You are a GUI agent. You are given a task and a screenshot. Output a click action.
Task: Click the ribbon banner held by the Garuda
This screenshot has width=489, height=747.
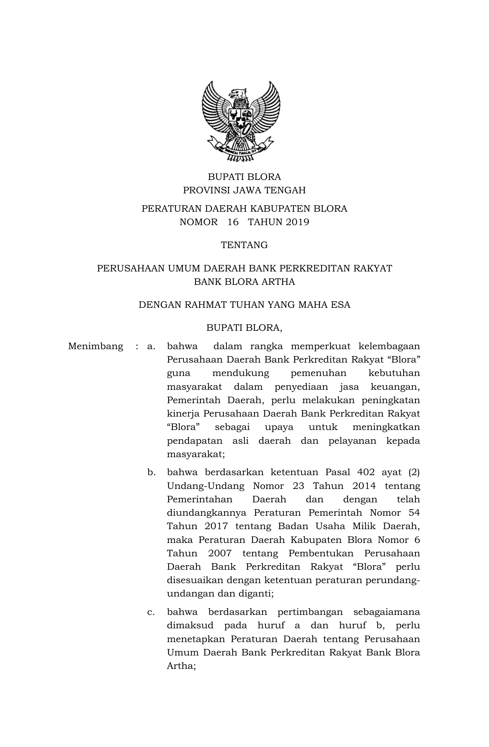[x=241, y=150]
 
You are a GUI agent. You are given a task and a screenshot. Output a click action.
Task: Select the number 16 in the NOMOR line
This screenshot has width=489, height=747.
[x=233, y=222]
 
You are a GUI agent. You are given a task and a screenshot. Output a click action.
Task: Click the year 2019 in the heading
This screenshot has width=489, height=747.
[x=297, y=222]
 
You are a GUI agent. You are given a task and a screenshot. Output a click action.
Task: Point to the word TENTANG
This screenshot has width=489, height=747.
[x=244, y=245]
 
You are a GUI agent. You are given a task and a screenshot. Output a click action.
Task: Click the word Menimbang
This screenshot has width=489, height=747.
[x=95, y=347]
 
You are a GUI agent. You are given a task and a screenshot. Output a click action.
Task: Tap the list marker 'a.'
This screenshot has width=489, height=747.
[x=151, y=347]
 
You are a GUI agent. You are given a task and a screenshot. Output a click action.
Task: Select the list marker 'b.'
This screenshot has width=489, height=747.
[x=151, y=472]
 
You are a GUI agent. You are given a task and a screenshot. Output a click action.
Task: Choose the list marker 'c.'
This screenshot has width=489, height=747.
[x=151, y=612]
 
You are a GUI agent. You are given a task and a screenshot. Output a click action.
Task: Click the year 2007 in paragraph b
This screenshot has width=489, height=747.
[x=220, y=553]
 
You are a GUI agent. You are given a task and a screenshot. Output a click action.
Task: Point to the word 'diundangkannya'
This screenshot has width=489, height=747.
[x=207, y=513]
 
